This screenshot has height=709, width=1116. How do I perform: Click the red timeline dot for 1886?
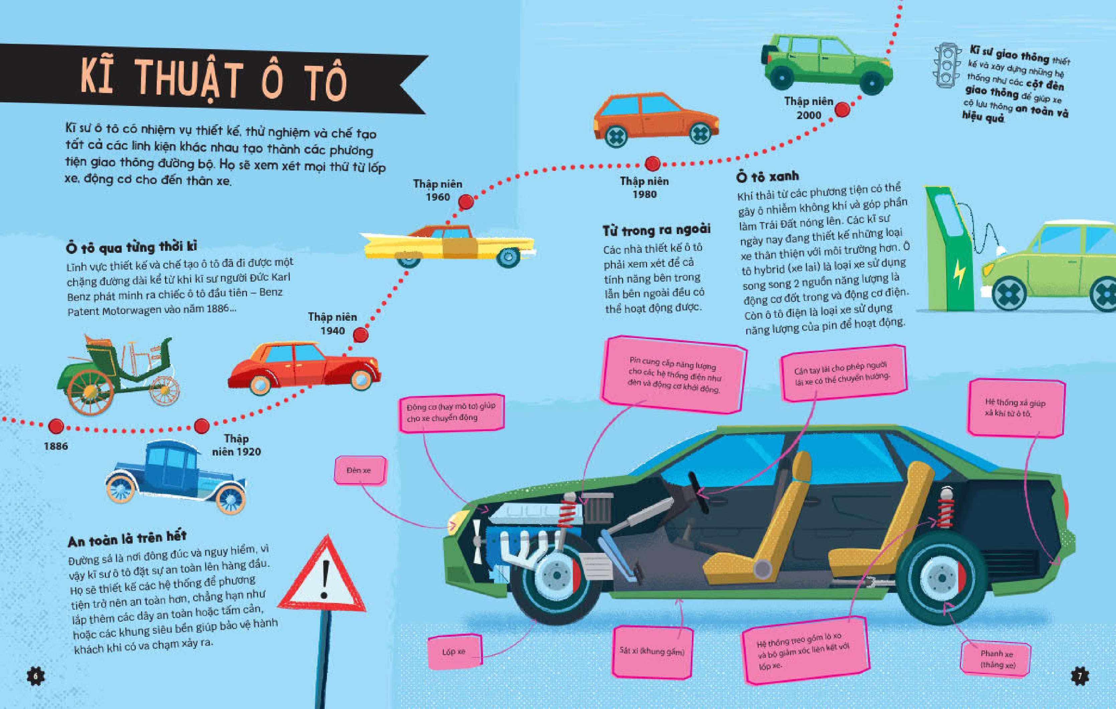56,426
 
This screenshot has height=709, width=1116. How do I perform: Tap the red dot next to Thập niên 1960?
466,202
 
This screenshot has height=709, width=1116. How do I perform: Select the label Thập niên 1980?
645,187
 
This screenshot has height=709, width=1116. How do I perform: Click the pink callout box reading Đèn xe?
360,470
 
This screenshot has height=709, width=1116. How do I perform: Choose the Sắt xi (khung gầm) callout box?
652,651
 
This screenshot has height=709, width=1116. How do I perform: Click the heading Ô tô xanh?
767,177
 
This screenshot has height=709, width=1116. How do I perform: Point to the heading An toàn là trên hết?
127,539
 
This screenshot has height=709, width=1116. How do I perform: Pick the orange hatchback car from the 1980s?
656,120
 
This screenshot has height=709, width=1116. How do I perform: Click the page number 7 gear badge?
1080,676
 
